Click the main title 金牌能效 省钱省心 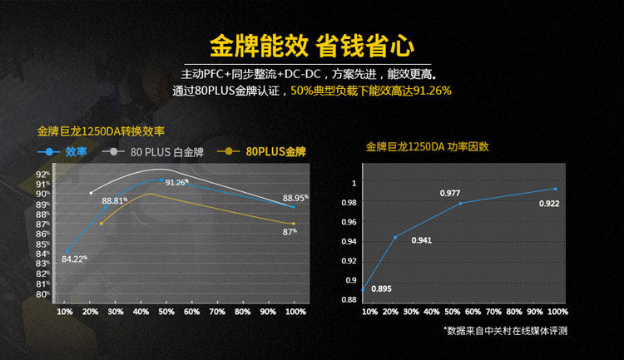pos(312,43)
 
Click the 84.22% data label pos(74,259)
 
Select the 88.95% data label pos(295,198)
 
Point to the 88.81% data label pos(115,200)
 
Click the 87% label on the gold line pos(290,232)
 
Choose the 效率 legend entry pos(76,151)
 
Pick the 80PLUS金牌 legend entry pos(275,151)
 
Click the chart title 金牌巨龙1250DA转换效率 pos(102,131)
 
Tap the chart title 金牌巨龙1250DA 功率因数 pos(427,147)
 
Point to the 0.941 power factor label pos(421,240)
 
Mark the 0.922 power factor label pos(549,204)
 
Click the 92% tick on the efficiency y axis pos(42,174)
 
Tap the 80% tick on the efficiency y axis pos(42,293)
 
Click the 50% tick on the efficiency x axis pos(166,312)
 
